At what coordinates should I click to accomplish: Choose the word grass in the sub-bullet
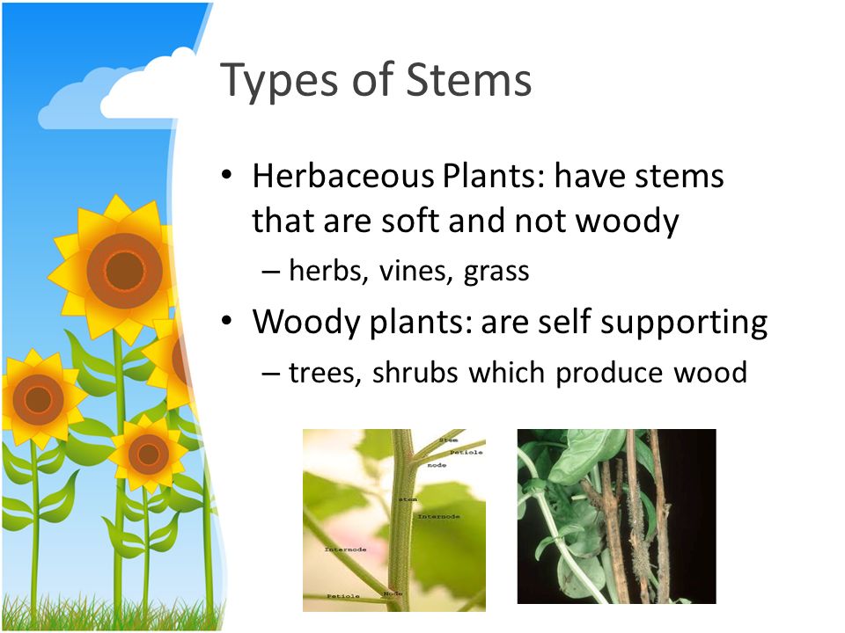[x=496, y=273]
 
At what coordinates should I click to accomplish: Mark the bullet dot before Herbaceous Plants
[x=227, y=176]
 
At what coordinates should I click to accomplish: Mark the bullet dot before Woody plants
[x=227, y=323]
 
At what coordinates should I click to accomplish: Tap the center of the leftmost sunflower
[x=37, y=399]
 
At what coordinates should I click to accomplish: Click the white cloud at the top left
[x=141, y=88]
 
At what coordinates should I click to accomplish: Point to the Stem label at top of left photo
[x=448, y=437]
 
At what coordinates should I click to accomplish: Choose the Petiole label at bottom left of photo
[x=344, y=596]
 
